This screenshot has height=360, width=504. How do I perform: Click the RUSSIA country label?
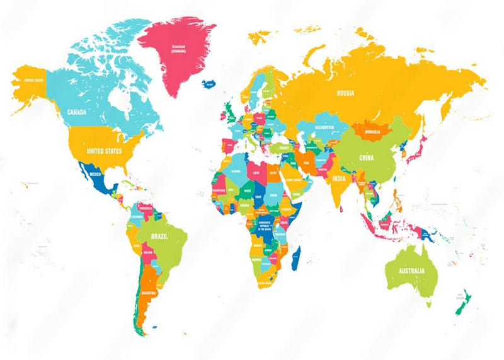pos(345,93)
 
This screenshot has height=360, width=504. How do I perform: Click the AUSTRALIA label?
pos(411,270)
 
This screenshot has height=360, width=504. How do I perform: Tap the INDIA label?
pos(338,178)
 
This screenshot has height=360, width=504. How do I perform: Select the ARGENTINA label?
pos(149,294)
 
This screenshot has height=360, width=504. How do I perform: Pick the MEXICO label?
pos(96,173)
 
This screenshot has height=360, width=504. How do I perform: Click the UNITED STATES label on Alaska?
pos(33,81)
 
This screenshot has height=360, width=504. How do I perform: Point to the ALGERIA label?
pos(236,171)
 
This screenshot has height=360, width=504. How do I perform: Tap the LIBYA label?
pos(256,171)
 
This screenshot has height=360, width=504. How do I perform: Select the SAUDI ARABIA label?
pos(295,180)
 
